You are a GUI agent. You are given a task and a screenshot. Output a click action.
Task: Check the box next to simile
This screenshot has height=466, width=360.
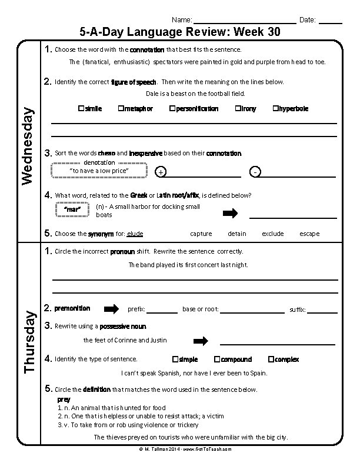click(x=81, y=109)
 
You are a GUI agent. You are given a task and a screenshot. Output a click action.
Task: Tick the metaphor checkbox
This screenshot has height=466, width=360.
click(x=121, y=109)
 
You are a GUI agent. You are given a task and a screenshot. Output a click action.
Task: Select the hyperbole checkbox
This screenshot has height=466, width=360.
click(x=275, y=109)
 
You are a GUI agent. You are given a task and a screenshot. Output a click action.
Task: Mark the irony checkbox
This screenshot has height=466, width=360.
click(x=238, y=109)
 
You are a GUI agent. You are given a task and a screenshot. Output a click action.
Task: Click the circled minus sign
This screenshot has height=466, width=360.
click(x=255, y=172)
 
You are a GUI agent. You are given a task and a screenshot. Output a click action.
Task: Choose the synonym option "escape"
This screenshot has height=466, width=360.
click(x=309, y=234)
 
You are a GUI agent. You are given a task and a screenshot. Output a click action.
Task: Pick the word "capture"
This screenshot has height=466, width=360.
click(x=201, y=234)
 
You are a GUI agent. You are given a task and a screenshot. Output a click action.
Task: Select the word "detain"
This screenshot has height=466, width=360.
click(x=237, y=234)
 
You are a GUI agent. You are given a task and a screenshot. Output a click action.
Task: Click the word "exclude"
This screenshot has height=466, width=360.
click(x=273, y=234)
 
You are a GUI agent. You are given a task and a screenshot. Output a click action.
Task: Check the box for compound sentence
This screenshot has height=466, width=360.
click(x=217, y=359)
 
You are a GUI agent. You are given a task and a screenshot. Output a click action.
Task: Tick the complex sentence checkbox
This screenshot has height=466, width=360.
click(x=271, y=359)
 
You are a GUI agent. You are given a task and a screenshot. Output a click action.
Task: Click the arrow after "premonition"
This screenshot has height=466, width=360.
click(x=111, y=309)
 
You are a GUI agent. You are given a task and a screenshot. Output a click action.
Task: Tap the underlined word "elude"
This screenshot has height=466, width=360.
click(x=135, y=234)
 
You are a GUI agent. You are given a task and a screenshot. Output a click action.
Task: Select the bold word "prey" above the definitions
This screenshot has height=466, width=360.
click(x=64, y=400)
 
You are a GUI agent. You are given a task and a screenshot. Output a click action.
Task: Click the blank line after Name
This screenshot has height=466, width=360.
click(x=244, y=21)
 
